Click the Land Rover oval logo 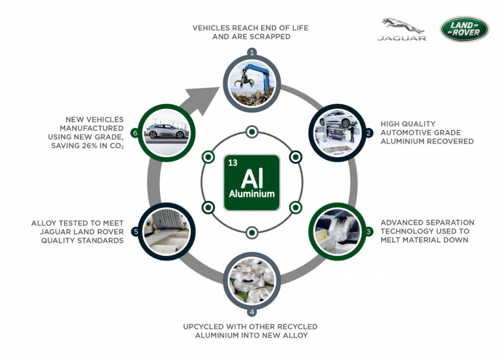tap(464, 29)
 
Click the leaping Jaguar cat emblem tap(401, 25)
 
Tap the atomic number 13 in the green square tap(233, 163)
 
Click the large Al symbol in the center tap(252, 179)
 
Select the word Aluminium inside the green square tap(252, 194)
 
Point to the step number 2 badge tap(369, 133)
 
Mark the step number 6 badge tap(135, 133)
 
